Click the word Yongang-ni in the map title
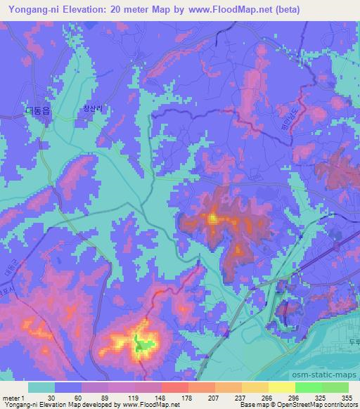[32, 10]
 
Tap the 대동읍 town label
[32, 110]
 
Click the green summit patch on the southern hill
[143, 345]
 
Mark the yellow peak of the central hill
[212, 219]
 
